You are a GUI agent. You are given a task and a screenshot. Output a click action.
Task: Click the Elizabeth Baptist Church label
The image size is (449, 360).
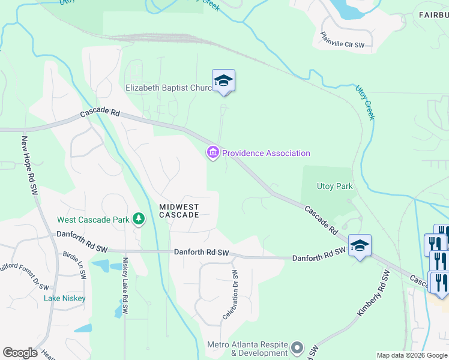coord(169,88)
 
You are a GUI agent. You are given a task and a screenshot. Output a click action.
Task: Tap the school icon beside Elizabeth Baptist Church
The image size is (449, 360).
coord(223,80)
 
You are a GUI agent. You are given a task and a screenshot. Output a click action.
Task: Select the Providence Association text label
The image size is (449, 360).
coord(266,153)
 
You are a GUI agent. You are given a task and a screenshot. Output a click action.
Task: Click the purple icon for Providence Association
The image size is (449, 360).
coord(212,154)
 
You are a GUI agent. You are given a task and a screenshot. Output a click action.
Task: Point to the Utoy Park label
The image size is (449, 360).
coord(334,187)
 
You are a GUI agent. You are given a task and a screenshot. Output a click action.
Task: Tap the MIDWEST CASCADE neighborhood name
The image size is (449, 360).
coord(179,211)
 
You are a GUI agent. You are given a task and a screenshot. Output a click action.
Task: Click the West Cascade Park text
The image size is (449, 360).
coord(93,220)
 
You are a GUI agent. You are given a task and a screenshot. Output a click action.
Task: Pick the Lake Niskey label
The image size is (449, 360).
coord(64,298)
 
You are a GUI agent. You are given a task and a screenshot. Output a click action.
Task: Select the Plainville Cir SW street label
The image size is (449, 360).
coord(342,40)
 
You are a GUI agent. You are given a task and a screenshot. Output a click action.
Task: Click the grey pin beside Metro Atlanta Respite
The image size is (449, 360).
coord(297,347)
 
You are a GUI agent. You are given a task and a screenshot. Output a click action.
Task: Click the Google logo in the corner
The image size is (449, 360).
coord(20,353)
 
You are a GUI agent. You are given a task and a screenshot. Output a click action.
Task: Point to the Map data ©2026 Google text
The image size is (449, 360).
coord(412,355)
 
